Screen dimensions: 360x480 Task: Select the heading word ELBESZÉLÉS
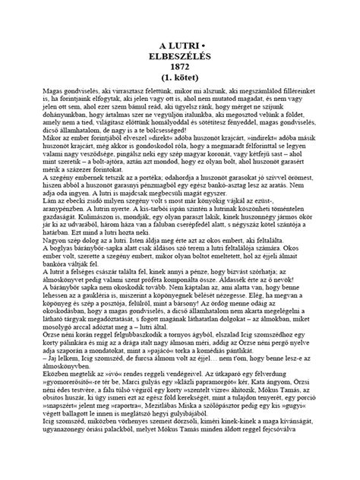(x=179, y=55)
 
